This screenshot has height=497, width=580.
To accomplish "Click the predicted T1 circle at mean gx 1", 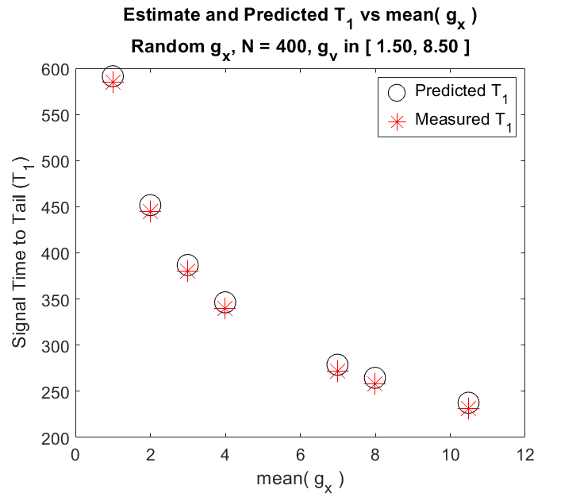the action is pos(113,67).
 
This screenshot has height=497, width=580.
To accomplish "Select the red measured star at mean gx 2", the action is pos(150,211).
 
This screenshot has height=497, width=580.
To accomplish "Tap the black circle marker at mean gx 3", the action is pos(187,255).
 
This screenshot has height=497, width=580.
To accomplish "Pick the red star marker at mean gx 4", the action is pos(225,308).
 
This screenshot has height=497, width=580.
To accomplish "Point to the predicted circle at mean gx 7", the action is pos(337,355).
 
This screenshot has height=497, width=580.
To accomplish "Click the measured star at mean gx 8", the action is pos(375,383).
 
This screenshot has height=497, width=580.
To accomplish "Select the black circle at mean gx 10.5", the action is pos(469,393).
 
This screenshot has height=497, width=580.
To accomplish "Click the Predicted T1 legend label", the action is pos(462,93).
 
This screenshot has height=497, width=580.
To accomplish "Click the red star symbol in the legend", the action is pos(397,121).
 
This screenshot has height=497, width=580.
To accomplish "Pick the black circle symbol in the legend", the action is pos(397,84).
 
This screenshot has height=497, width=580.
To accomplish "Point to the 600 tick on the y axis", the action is pos(56,69).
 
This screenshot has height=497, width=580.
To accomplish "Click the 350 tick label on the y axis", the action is pos(56,300).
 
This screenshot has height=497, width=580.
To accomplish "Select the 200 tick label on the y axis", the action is pos(56,438).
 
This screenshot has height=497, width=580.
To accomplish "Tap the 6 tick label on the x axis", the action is pos(300,454).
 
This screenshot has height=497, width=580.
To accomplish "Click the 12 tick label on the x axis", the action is pos(525,454).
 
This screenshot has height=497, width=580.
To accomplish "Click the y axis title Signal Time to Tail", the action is pos(21,252).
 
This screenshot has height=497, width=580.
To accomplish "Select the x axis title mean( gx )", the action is pos(301,481).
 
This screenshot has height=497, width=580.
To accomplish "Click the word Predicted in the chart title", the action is pos(286,15).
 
